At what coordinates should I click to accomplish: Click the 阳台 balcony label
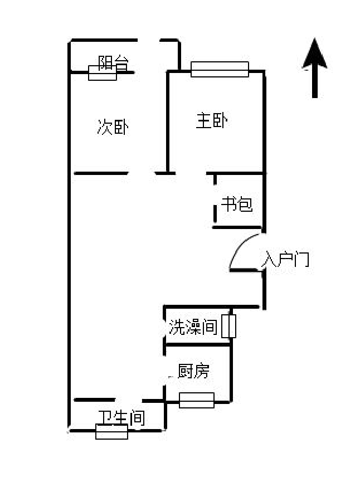[111, 62]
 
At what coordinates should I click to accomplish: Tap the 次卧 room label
[113, 128]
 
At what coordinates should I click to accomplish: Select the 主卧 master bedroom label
[211, 121]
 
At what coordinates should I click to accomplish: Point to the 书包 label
[237, 205]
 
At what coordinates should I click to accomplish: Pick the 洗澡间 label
[193, 328]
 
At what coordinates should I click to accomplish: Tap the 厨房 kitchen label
[194, 371]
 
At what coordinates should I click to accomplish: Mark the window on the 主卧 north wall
[220, 69]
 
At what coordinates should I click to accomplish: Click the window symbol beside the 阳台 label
[102, 73]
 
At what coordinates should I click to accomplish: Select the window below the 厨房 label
[197, 400]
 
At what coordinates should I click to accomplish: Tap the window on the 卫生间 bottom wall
[111, 431]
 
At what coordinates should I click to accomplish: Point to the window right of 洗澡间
[229, 327]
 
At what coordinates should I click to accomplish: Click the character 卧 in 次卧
[121, 128]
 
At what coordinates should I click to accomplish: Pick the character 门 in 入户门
[301, 259]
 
